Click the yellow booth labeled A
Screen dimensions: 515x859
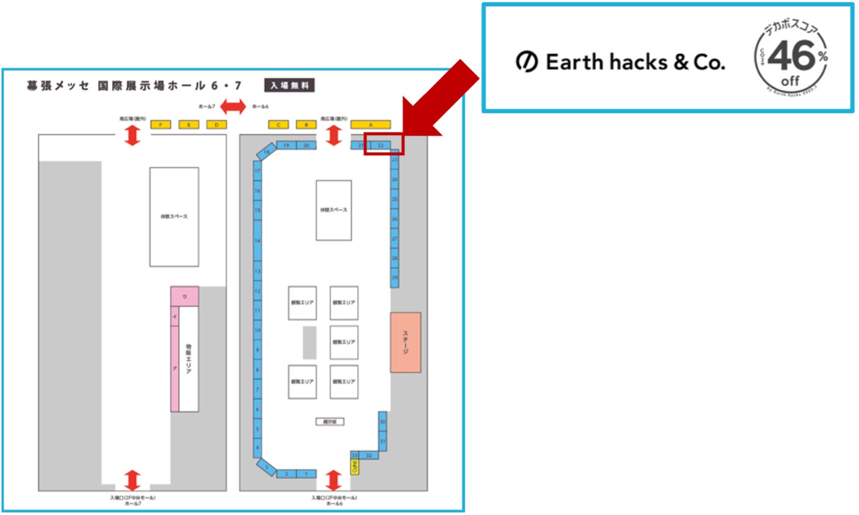(370, 125)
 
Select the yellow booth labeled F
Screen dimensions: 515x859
(161, 125)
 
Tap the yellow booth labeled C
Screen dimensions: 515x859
(278, 125)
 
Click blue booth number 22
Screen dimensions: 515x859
(381, 145)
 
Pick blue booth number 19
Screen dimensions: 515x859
(286, 145)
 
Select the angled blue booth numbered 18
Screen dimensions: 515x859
(267, 152)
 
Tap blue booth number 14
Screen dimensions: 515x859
(258, 241)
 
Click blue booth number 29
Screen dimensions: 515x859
(394, 278)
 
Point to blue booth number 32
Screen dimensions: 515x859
(368, 456)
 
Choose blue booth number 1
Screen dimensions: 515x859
(306, 474)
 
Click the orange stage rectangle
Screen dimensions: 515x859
(405, 342)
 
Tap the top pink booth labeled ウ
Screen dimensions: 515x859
(184, 296)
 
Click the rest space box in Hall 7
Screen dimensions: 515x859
(174, 217)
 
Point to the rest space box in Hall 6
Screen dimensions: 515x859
(333, 210)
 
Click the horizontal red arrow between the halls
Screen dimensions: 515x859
(233, 107)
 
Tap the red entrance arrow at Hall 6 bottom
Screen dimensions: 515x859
(333, 480)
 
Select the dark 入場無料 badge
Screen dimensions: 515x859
(289, 86)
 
